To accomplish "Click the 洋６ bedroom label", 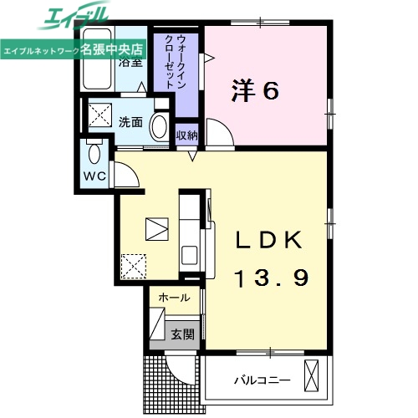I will coord(254,91).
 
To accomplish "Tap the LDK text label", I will coord(268,240).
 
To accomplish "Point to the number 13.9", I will coord(268,277).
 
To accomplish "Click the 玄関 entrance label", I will coord(182,334).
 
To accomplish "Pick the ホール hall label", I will coord(174,298).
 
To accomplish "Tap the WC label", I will coord(93,176).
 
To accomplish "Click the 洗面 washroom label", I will coord(130,122).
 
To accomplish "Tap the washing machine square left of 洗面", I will coord(101,114).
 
